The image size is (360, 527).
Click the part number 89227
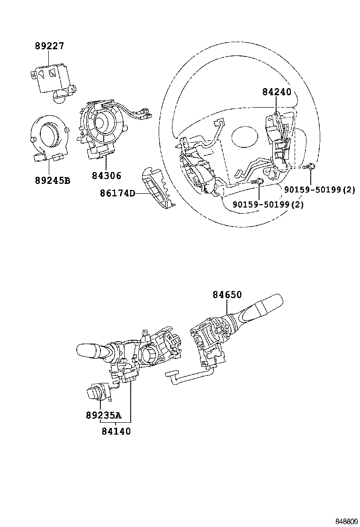(49, 46)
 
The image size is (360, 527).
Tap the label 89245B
(52, 180)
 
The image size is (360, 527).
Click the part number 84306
(107, 176)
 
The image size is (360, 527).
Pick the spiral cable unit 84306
(102, 126)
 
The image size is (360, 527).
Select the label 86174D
(117, 193)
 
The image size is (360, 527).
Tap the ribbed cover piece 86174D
(158, 188)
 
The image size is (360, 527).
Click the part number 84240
(277, 92)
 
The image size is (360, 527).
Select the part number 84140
(116, 431)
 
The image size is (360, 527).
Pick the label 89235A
(103, 415)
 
